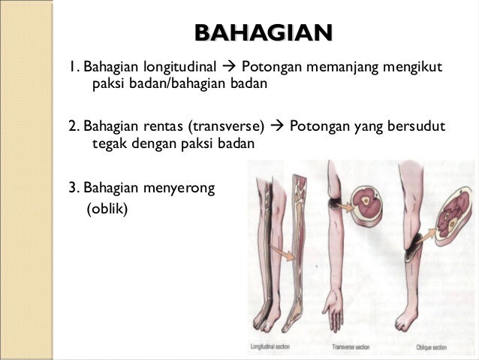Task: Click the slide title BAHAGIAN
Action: (263, 33)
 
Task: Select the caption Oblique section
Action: (430, 347)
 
